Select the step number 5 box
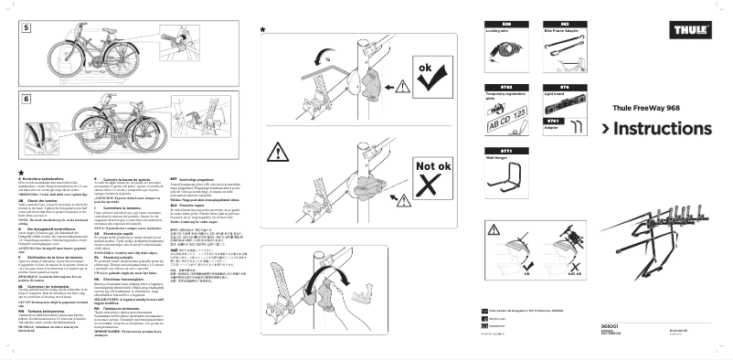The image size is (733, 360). [x=27, y=28]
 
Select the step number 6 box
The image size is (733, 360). [x=27, y=98]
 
